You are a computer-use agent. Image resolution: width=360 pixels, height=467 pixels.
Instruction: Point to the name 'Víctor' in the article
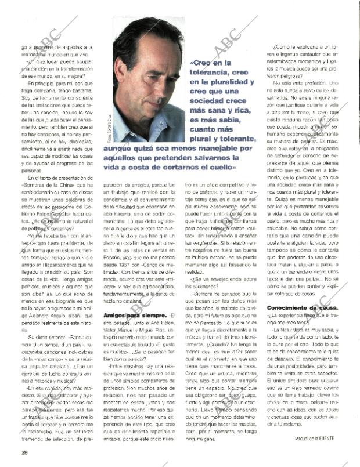(x=113, y=329)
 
